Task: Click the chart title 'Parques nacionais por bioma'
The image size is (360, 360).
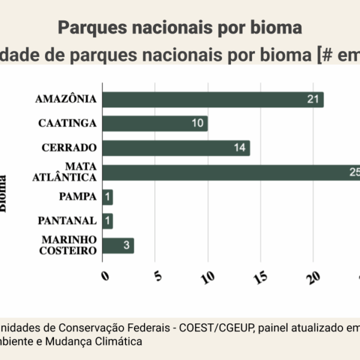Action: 180,28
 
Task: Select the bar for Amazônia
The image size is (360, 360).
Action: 213,100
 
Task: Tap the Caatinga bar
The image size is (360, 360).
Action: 155,124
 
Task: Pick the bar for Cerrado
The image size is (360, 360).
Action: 176,148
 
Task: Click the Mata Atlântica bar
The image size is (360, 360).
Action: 231,173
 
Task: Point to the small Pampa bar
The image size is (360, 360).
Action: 108,197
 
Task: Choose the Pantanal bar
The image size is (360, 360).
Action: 108,221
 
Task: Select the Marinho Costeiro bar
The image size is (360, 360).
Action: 118,246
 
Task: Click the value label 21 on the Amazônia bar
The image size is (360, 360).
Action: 313,100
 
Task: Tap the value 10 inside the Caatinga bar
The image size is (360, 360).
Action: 197,124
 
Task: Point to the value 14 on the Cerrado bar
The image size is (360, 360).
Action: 240,148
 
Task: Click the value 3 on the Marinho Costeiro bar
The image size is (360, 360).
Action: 127,246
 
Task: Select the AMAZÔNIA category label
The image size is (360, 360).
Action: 65,99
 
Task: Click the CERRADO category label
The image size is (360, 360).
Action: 69,148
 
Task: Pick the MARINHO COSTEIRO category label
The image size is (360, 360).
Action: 68,245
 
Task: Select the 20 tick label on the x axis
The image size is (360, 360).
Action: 314,277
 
